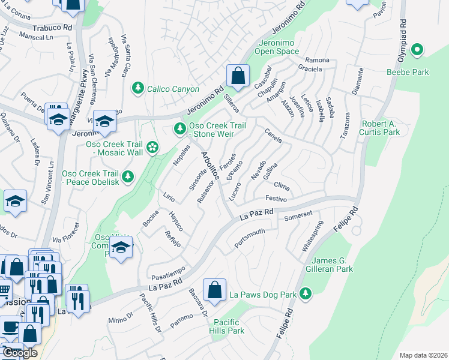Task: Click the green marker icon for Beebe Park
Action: click(x=418, y=50)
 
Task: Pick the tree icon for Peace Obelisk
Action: click(x=127, y=176)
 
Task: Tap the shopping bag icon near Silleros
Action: click(x=238, y=76)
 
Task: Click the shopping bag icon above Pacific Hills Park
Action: click(x=214, y=290)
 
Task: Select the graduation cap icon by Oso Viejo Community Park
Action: click(x=121, y=248)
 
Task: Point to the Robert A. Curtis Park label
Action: click(x=380, y=128)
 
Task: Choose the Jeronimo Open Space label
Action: click(x=279, y=47)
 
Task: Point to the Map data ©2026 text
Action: click(x=423, y=355)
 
